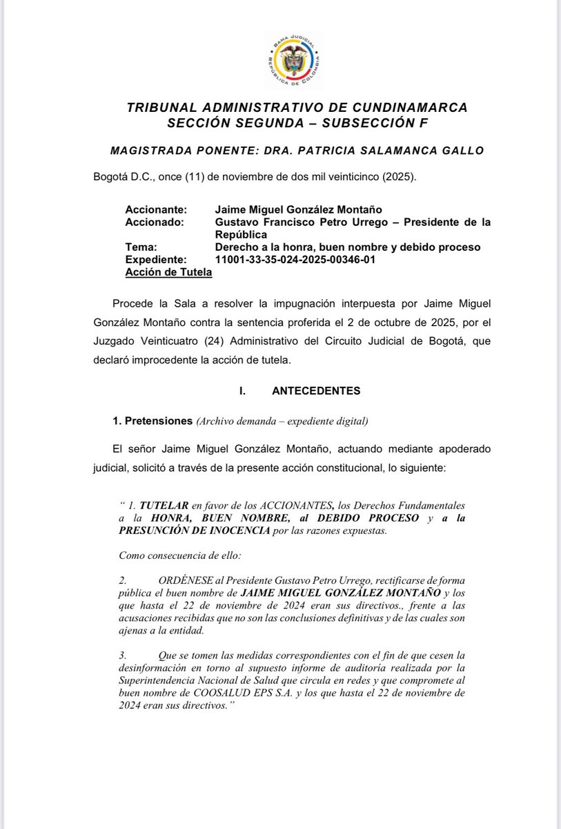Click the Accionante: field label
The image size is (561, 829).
pos(155,209)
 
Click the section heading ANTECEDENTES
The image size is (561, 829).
pos(316,390)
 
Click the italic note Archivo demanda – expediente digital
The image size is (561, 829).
pos(282,421)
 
